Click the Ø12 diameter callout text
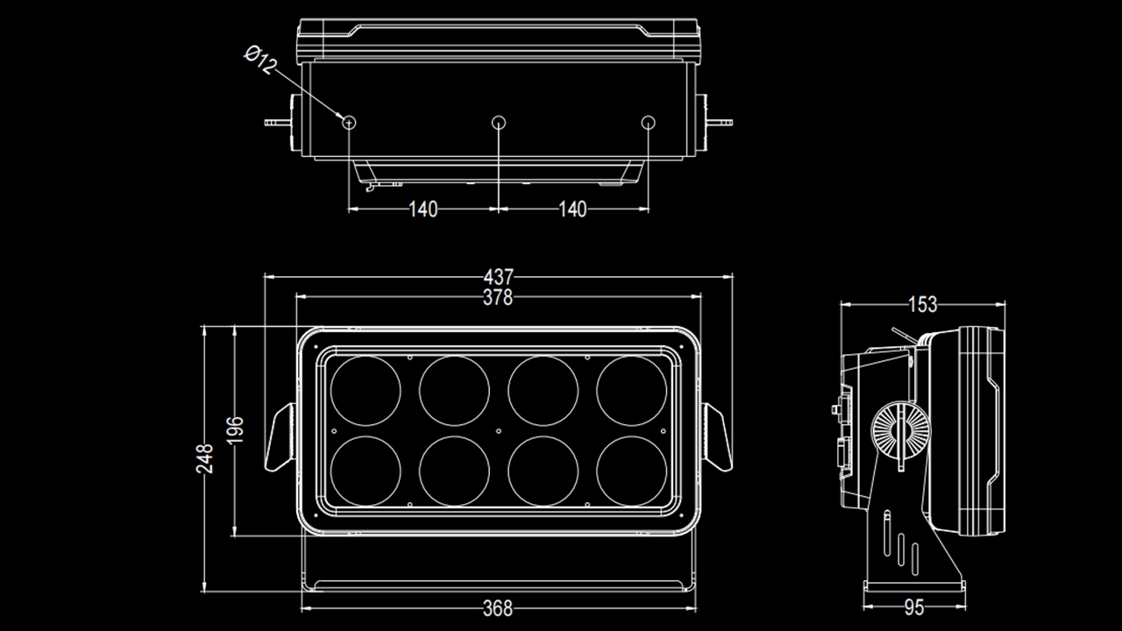pos(261,61)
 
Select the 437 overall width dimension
pos(498,278)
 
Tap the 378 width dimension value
pos(498,298)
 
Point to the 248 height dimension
pos(205,458)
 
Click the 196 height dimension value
pos(236,430)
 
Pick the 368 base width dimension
pos(498,607)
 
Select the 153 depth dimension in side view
pos(922,305)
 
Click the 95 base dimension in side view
pos(914,607)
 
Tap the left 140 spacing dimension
pos(423,209)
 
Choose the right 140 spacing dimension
pos(572,209)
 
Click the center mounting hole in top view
pos(499,123)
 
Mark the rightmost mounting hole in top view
pos(648,123)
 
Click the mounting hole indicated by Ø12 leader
pos(349,123)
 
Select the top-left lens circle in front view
pos(366,391)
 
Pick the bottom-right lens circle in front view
pos(631,471)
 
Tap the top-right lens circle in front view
pos(631,391)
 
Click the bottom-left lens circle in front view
pos(366,471)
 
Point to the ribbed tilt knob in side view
pos(899,432)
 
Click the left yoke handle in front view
pos(279,437)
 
